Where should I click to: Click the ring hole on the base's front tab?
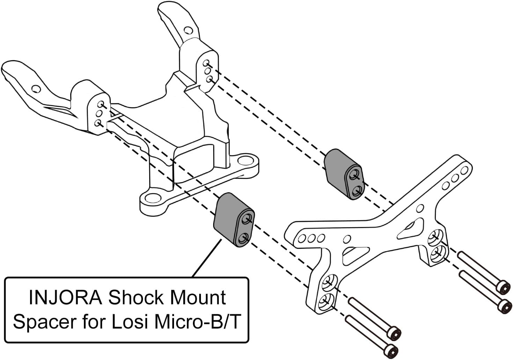coord(151,199)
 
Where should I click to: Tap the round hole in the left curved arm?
coord(36,89)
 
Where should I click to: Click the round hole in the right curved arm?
coord(188,30)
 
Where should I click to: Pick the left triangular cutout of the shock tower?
coord(355,254)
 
